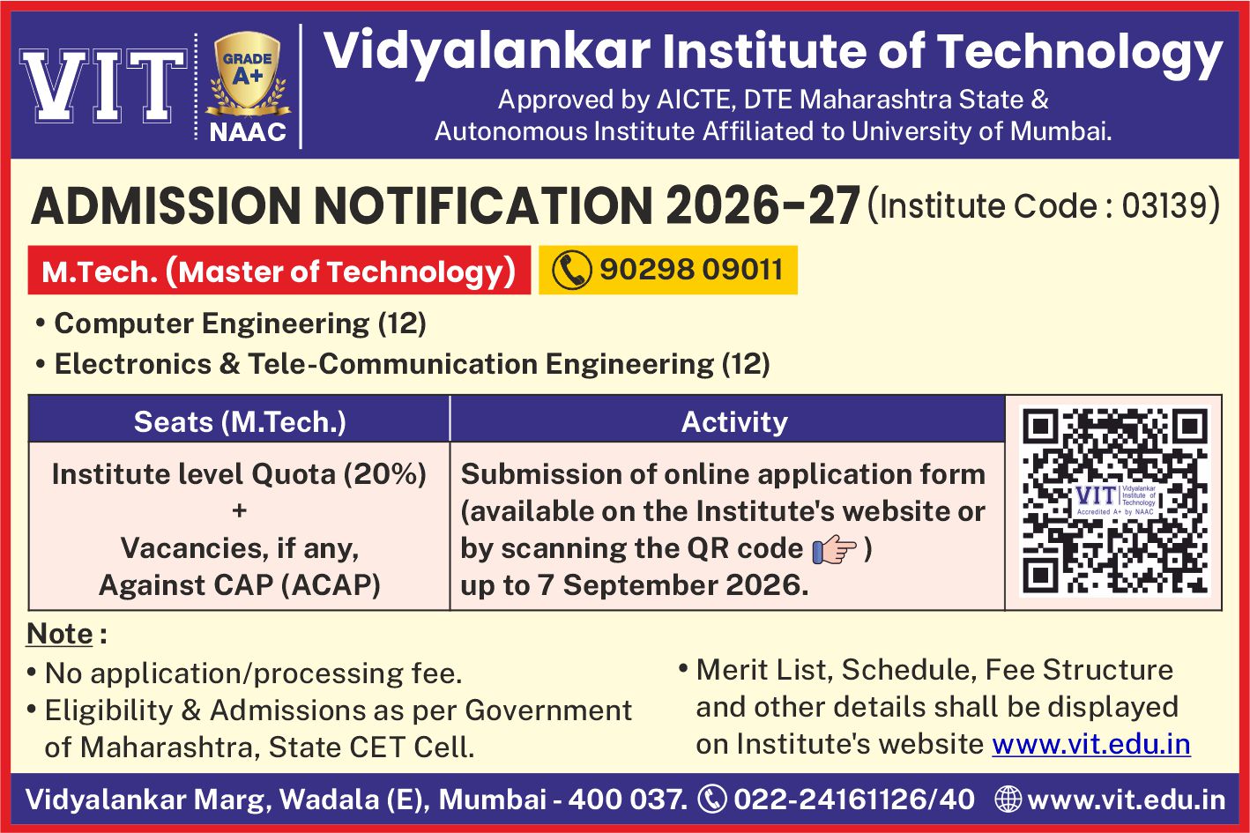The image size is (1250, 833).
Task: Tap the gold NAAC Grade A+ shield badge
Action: [248, 71]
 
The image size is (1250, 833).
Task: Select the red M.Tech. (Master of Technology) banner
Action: [279, 270]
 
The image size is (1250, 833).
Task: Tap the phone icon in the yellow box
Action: [571, 270]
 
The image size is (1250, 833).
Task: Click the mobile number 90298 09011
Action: [691, 270]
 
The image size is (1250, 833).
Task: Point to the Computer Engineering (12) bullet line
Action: [231, 324]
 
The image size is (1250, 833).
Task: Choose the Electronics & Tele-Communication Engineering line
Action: [403, 364]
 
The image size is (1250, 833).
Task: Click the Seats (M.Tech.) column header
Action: [240, 422]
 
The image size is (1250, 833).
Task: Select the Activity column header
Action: [734, 422]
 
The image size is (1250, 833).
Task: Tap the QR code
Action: [1114, 501]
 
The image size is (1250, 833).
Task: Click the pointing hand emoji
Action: [834, 549]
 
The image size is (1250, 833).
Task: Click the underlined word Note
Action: [60, 634]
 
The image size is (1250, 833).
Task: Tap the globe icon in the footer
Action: [1008, 799]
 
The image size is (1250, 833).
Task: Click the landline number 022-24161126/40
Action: [854, 799]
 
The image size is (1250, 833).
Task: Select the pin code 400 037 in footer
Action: [628, 799]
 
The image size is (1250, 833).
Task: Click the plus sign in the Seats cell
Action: [240, 510]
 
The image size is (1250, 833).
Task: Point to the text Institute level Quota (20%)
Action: [240, 474]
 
